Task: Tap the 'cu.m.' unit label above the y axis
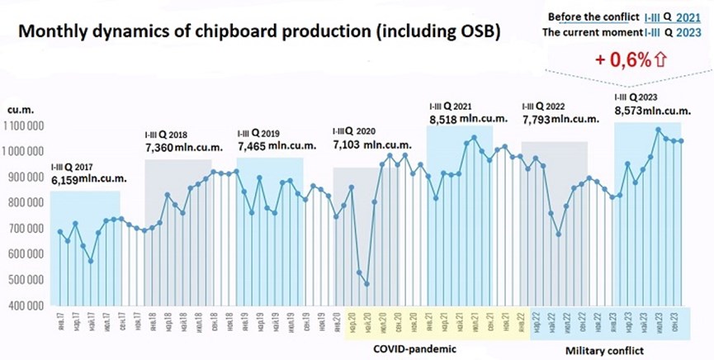tap(19, 109)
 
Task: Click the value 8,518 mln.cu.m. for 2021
tap(463, 121)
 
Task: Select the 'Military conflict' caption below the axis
tap(605, 352)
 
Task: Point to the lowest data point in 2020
tap(366, 284)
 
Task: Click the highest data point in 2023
tap(658, 130)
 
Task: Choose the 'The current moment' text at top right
tap(591, 33)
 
